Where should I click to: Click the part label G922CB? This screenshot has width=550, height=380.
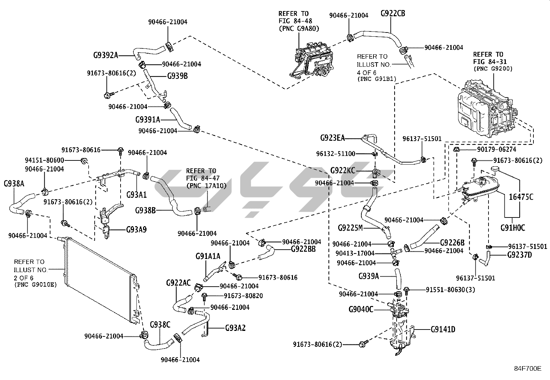(x=393, y=14)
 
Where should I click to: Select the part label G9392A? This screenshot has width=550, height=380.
(x=106, y=55)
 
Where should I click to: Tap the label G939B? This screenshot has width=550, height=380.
(x=177, y=76)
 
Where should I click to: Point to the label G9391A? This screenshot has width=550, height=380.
(x=148, y=120)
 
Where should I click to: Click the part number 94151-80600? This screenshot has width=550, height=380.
(x=44, y=160)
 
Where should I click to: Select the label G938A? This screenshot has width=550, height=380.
(x=14, y=183)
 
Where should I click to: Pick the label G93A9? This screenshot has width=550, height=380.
(x=136, y=229)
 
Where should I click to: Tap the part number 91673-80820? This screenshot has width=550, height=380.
(x=243, y=296)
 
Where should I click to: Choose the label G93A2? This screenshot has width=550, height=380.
(x=235, y=328)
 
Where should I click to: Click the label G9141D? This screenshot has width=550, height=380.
(x=443, y=329)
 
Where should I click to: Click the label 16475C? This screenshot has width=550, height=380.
(x=521, y=197)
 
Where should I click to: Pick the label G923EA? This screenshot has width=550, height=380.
(x=332, y=138)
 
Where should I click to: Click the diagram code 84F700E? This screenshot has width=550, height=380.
(x=527, y=369)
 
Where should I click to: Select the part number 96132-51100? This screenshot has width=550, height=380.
(x=335, y=154)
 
